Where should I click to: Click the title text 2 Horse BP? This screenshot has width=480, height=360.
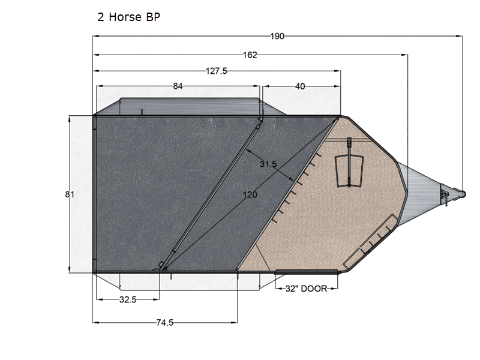[128, 17]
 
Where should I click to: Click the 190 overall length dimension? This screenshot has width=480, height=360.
[277, 36]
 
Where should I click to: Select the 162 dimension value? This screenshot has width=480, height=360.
[250, 55]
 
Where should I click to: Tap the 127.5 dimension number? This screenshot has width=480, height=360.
[217, 71]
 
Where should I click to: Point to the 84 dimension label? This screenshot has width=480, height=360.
[178, 86]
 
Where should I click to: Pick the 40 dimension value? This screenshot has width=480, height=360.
[300, 86]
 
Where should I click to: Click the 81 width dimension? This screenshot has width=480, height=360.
[70, 194]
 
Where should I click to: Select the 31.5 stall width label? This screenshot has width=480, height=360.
[268, 164]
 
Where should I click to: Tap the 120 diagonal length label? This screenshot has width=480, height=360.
[250, 194]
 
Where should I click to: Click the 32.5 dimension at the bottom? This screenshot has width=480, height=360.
[128, 299]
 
